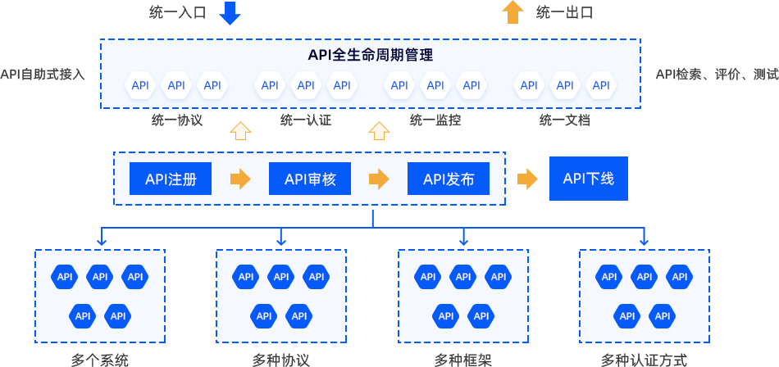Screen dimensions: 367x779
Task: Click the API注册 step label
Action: click(x=171, y=179)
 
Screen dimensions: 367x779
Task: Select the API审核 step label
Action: click(x=310, y=179)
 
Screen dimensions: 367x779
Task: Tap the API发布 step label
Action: click(x=449, y=179)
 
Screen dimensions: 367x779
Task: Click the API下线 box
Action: click(x=588, y=179)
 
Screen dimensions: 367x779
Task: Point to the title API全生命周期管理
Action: click(x=370, y=56)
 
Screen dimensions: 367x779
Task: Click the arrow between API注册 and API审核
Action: click(x=240, y=179)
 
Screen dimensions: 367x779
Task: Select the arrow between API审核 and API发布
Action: click(x=379, y=179)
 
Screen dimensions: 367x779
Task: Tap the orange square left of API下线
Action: click(x=527, y=179)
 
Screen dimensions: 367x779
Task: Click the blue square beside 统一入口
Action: click(x=230, y=14)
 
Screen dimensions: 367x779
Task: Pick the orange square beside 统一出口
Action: click(x=513, y=13)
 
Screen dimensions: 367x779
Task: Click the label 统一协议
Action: click(x=177, y=120)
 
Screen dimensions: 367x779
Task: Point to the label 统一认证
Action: click(x=305, y=120)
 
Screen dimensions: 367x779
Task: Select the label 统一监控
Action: click(x=435, y=120)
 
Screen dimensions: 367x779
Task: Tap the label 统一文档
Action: click(x=565, y=120)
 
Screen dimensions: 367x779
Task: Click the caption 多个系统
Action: click(x=100, y=360)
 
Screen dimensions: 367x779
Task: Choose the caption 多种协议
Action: click(x=281, y=360)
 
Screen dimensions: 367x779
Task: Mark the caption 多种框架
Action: click(x=463, y=360)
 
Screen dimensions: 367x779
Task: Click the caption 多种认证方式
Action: click(x=644, y=360)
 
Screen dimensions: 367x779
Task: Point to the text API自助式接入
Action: click(x=42, y=75)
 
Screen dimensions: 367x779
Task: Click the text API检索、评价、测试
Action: click(x=717, y=75)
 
